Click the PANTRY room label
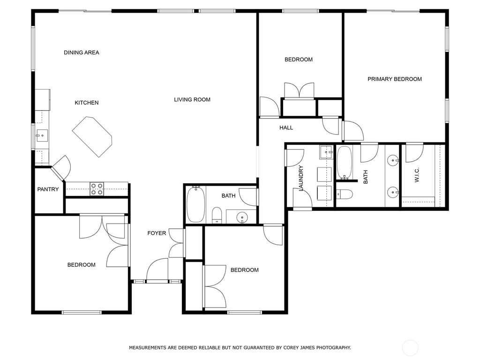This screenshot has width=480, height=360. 48,189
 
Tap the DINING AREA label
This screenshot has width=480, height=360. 82,52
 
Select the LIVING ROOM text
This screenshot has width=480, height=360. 192,99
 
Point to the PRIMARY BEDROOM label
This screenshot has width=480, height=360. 395,79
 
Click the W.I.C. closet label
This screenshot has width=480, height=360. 417,175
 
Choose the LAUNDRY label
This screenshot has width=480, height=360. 300,178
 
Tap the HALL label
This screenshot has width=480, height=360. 286,127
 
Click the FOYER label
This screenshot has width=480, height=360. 157,233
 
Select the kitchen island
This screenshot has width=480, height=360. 92,136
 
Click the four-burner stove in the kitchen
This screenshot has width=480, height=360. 97,189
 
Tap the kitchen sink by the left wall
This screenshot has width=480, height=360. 42,135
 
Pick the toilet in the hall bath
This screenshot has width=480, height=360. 217,215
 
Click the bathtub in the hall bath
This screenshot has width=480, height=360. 195,204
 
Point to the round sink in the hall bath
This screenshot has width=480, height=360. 242,217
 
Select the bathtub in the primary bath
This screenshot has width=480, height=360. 345,163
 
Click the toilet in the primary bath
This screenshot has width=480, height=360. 345,194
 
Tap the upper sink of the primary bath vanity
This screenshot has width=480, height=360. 393,160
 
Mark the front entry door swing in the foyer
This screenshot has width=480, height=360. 157,269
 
